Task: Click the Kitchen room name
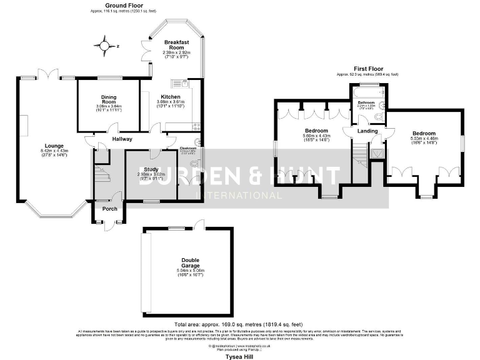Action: point(170,97)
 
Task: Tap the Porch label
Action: point(109,209)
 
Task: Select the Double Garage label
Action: point(191,262)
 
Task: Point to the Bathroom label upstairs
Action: point(366,102)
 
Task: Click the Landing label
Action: point(367,131)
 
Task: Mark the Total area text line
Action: point(239,324)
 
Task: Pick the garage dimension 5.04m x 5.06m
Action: point(191,270)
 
